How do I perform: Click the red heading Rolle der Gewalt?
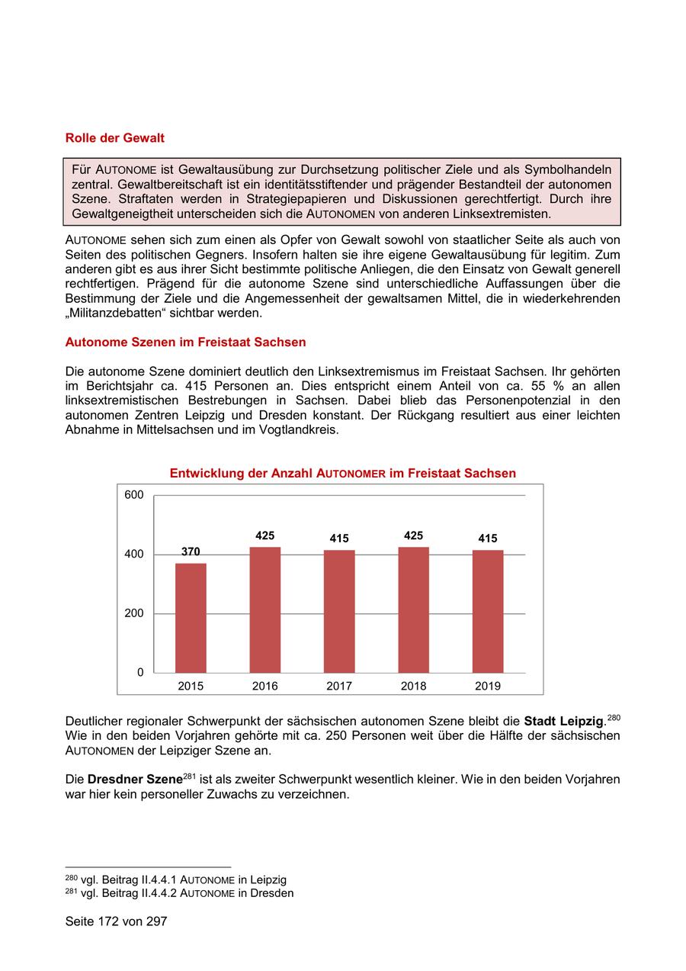pyautogui.click(x=114, y=138)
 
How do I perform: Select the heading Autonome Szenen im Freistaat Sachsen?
pyautogui.click(x=185, y=342)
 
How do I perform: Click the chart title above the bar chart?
pyautogui.click(x=342, y=473)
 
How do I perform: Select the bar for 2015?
pyautogui.click(x=191, y=618)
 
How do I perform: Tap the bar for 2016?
pyautogui.click(x=264, y=609)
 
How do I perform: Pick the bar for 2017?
pyautogui.click(x=339, y=611)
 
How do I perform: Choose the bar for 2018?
pyautogui.click(x=413, y=609)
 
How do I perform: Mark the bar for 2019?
pyautogui.click(x=488, y=611)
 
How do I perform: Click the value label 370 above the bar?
pyautogui.click(x=191, y=551)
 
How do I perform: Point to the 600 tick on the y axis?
pyautogui.click(x=134, y=495)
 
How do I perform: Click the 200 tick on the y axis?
pyautogui.click(x=134, y=613)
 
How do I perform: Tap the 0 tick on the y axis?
pyautogui.click(x=140, y=672)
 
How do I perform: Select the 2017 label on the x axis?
pyautogui.click(x=339, y=686)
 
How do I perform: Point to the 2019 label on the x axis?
pyautogui.click(x=488, y=686)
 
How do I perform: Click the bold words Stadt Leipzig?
pyautogui.click(x=563, y=721)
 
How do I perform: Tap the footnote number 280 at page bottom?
pyautogui.click(x=71, y=879)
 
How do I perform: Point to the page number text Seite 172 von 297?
pyautogui.click(x=116, y=921)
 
